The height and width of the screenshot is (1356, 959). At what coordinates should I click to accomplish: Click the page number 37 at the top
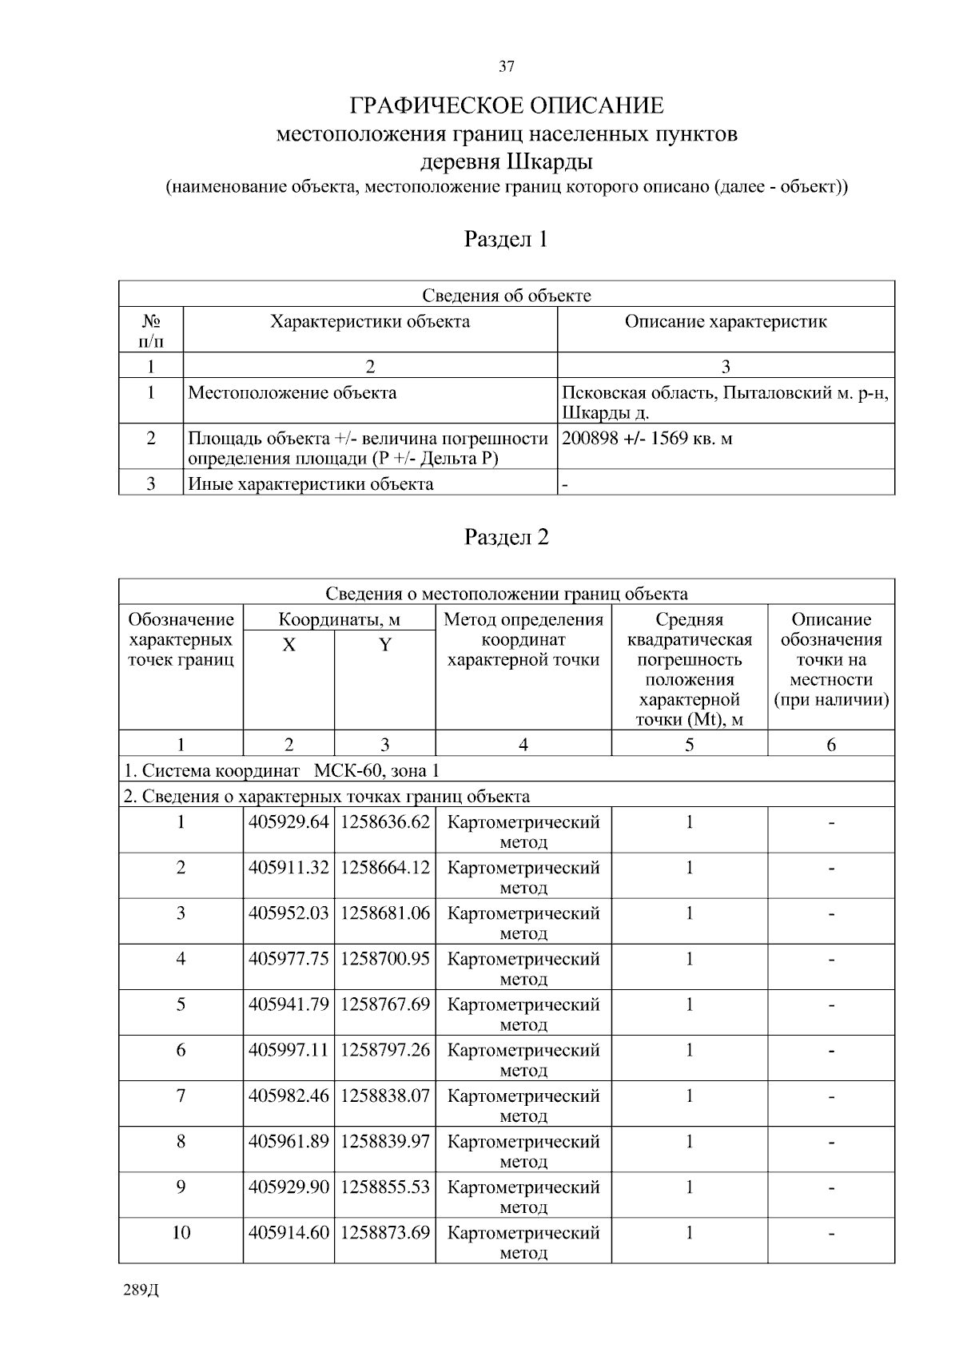click(507, 66)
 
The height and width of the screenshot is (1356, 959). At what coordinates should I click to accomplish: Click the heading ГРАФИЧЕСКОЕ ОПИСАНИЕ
click(507, 106)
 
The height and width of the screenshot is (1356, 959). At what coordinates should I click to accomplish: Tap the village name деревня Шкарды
click(507, 162)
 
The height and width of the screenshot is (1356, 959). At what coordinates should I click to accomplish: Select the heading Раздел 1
click(507, 239)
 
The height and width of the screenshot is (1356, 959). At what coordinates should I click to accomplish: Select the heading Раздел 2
click(507, 537)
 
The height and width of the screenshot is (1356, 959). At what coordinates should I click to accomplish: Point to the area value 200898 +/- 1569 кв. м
click(647, 439)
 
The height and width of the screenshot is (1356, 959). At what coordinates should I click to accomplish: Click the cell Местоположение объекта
click(292, 393)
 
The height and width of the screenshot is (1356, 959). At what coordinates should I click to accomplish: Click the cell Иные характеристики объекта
click(311, 484)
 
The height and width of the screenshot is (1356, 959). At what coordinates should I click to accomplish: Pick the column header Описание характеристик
click(726, 322)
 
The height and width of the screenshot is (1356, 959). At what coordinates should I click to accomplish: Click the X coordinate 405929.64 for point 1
click(288, 822)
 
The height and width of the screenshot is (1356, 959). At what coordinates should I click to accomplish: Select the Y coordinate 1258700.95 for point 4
click(385, 959)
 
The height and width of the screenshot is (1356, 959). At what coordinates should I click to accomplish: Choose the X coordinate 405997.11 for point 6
click(288, 1050)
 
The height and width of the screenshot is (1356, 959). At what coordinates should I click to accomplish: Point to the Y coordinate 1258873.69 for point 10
click(385, 1232)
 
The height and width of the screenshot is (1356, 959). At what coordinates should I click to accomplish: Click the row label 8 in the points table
click(181, 1141)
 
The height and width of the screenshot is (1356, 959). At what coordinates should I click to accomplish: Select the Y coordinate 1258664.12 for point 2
click(385, 868)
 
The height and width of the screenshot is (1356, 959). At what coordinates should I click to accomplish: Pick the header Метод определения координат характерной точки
click(523, 639)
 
